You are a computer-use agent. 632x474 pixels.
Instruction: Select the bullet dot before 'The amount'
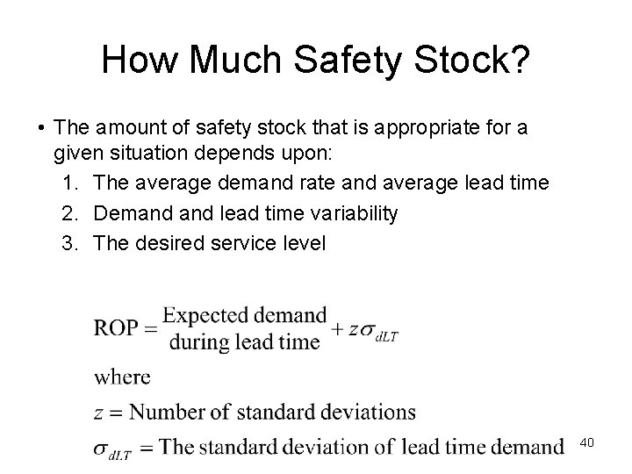coord(41,129)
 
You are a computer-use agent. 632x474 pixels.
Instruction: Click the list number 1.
coord(70,183)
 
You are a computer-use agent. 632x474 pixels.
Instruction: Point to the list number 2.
coord(70,213)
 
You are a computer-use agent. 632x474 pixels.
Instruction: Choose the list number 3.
coord(70,243)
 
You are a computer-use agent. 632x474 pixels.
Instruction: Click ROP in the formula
coord(116,328)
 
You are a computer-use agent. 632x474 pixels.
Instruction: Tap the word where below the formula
coord(122,377)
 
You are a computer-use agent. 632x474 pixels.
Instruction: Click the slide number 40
coord(587,443)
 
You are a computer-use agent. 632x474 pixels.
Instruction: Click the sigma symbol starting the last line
coord(102,448)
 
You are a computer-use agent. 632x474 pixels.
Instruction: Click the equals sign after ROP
coord(150,328)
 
